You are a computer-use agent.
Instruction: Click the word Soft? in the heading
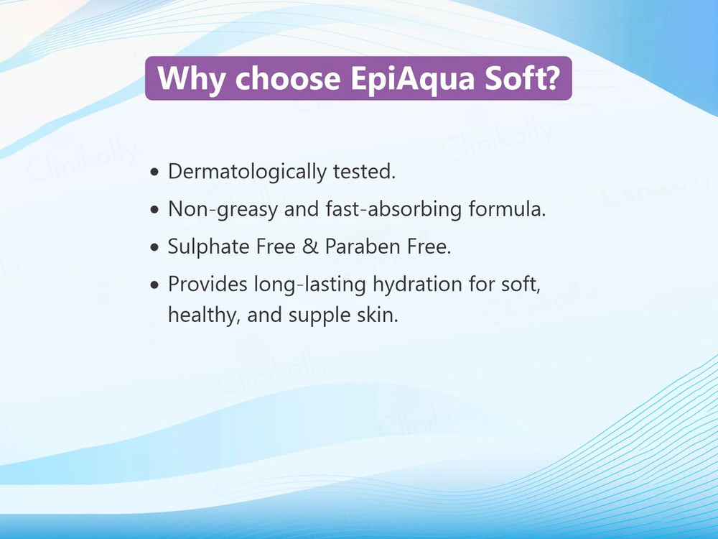522,78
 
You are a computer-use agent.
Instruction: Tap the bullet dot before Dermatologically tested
155,173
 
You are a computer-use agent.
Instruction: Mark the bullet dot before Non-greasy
155,211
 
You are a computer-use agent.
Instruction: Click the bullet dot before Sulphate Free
155,248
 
